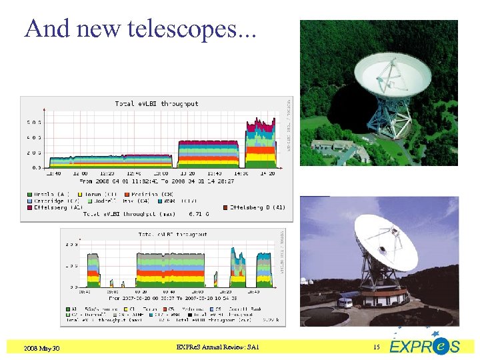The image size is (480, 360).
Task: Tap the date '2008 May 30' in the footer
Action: [42, 348]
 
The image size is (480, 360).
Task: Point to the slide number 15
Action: [376, 347]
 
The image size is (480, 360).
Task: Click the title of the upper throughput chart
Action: [157, 104]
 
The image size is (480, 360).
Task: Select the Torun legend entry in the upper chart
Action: [97, 195]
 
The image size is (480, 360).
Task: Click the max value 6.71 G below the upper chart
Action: [199, 214]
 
